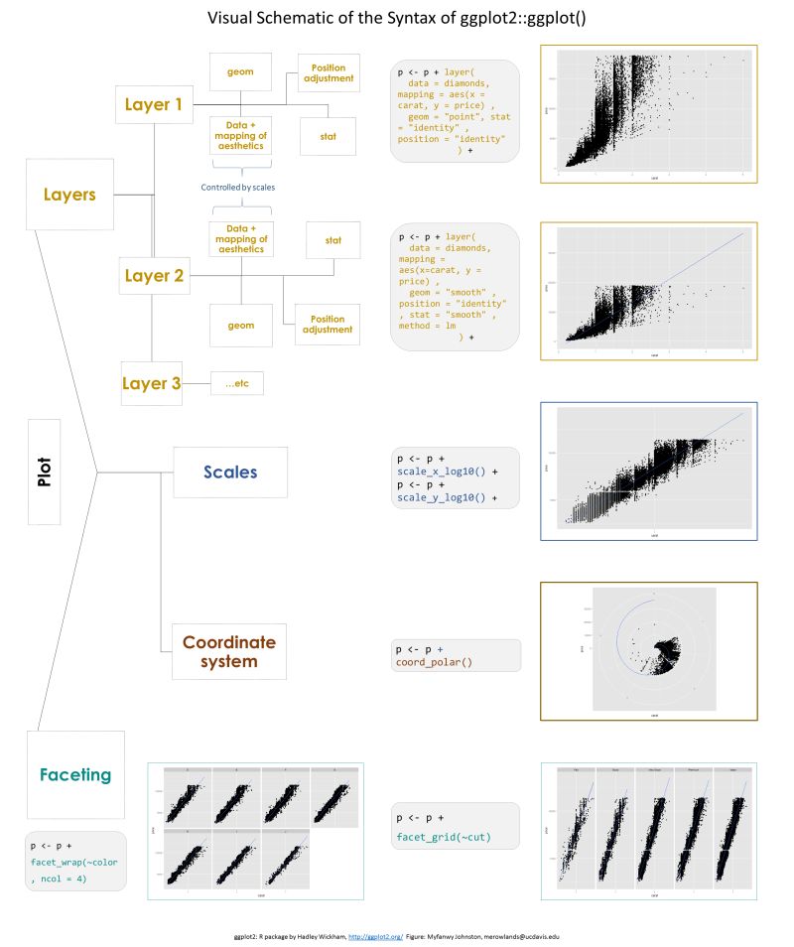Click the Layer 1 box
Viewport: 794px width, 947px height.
click(x=153, y=104)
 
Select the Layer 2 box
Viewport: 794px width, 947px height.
click(x=153, y=275)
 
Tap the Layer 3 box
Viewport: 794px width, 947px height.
click(x=152, y=383)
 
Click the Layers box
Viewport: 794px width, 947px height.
click(x=68, y=195)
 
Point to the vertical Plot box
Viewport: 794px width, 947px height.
click(x=45, y=472)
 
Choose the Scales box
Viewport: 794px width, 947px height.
click(x=230, y=473)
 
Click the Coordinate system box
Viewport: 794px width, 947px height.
click(x=229, y=651)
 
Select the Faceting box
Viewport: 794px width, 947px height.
click(x=76, y=774)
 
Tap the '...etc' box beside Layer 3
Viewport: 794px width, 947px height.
click(x=237, y=383)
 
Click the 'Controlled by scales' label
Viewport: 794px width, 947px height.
click(x=237, y=187)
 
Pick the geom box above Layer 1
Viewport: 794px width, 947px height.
click(x=241, y=72)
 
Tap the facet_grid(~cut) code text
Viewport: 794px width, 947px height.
click(x=444, y=839)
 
